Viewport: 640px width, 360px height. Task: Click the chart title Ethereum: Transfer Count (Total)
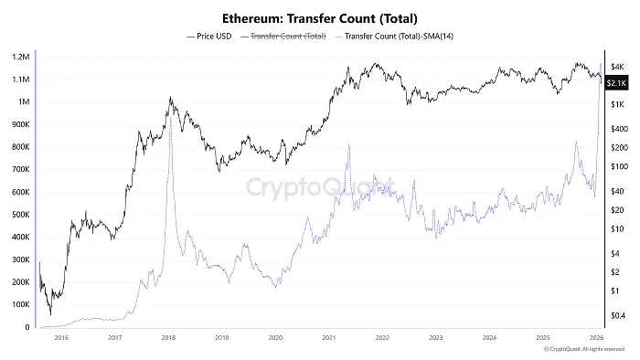(319, 18)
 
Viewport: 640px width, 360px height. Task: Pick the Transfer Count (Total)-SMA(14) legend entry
(392, 37)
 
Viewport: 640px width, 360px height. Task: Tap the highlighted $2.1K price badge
(616, 84)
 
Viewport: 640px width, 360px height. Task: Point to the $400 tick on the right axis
(618, 129)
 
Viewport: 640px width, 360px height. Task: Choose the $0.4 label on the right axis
(618, 315)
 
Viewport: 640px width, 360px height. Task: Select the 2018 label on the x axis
(168, 337)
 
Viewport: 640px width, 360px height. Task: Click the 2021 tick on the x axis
(329, 337)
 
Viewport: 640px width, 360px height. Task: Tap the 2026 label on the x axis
(595, 337)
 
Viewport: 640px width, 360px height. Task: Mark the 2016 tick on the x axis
(61, 337)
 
